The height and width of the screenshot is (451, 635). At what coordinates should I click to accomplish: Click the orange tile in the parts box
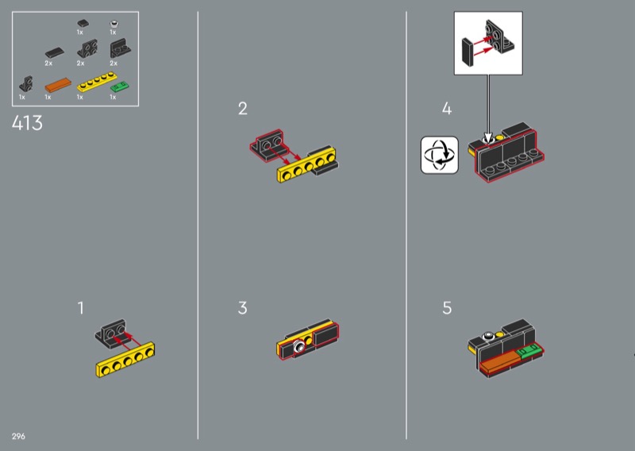click(58, 85)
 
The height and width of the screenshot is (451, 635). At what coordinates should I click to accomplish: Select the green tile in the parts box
click(120, 87)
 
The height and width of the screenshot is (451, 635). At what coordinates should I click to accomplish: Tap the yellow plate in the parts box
click(97, 81)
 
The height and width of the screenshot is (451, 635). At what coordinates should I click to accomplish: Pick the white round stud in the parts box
click(114, 24)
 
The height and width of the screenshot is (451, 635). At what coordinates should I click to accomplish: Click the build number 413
click(27, 123)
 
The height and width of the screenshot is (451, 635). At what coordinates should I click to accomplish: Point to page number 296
click(18, 436)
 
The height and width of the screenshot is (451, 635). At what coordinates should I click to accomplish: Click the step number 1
click(81, 308)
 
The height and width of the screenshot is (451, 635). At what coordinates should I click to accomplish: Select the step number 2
click(243, 108)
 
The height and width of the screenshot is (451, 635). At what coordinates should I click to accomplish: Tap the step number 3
click(243, 308)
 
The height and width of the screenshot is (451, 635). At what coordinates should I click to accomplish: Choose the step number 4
click(447, 108)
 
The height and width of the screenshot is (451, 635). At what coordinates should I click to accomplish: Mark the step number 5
click(447, 308)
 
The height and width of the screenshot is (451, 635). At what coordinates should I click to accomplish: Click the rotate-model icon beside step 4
click(440, 155)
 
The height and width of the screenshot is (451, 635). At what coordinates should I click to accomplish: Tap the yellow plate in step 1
click(125, 360)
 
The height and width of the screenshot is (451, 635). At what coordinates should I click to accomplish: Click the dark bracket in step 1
click(111, 332)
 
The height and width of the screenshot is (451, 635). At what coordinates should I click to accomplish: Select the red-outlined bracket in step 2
click(267, 145)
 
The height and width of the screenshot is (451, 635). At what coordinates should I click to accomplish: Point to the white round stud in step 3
click(299, 346)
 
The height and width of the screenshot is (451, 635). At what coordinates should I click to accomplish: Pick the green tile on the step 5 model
click(529, 350)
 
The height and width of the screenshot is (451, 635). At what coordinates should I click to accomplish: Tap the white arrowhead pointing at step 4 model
click(488, 138)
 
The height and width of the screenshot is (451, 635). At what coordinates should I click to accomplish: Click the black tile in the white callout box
click(468, 52)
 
